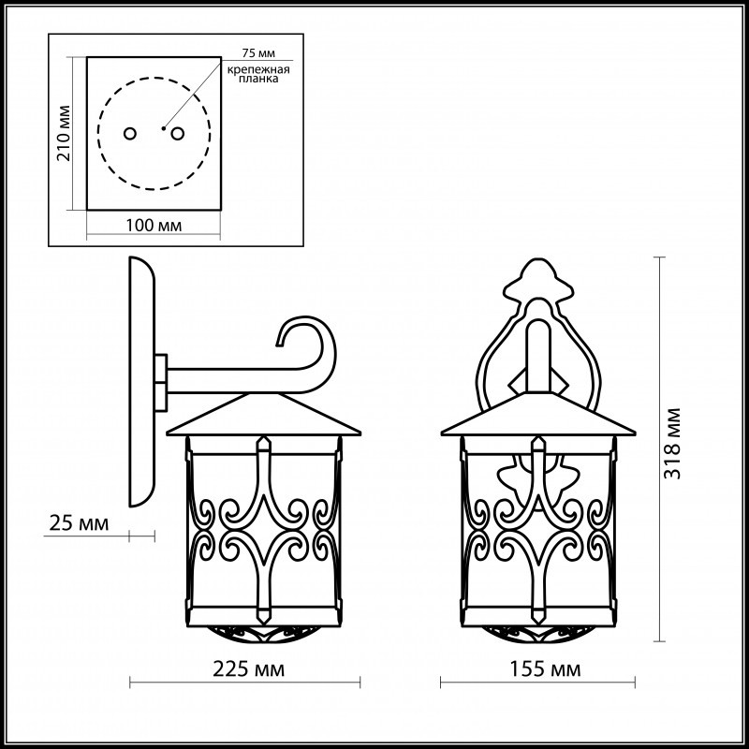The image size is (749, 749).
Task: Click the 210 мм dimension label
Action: (x=64, y=133)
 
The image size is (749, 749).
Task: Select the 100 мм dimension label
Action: (x=154, y=225)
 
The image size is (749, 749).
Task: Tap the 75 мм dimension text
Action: (x=258, y=53)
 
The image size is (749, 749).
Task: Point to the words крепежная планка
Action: (x=258, y=74)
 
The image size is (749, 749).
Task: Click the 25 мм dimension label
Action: (x=80, y=523)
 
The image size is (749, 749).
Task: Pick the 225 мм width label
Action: (x=248, y=669)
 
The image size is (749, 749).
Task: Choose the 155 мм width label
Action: (x=545, y=669)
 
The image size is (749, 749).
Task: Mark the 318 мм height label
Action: (x=672, y=444)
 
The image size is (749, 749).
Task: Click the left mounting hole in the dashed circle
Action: (x=130, y=134)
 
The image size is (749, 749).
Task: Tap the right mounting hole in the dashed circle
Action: (x=178, y=134)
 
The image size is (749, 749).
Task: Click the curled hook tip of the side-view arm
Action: (x=279, y=344)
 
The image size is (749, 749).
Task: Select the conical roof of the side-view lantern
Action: (x=263, y=414)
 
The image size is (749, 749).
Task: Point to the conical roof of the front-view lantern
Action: (x=538, y=414)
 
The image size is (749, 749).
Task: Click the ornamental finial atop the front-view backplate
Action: (x=538, y=278)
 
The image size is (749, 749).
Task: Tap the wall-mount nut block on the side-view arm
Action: (x=160, y=382)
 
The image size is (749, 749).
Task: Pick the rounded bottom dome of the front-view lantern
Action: (x=538, y=634)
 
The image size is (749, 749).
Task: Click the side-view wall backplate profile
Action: (x=142, y=382)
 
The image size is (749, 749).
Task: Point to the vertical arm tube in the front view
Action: (x=538, y=356)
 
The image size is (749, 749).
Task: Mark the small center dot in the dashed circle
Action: (x=163, y=128)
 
